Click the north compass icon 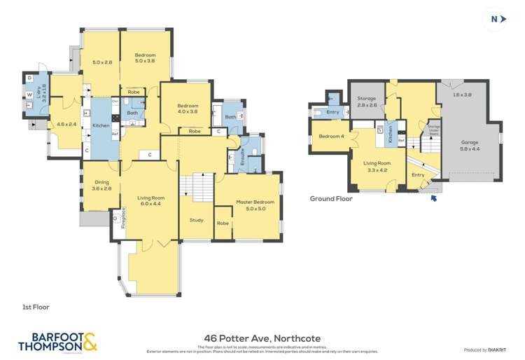click(x=497, y=19)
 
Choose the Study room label click(x=196, y=220)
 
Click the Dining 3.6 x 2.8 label click(x=102, y=185)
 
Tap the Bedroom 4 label click(x=330, y=136)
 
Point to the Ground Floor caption click(x=331, y=198)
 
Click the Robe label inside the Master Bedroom click(x=223, y=223)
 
